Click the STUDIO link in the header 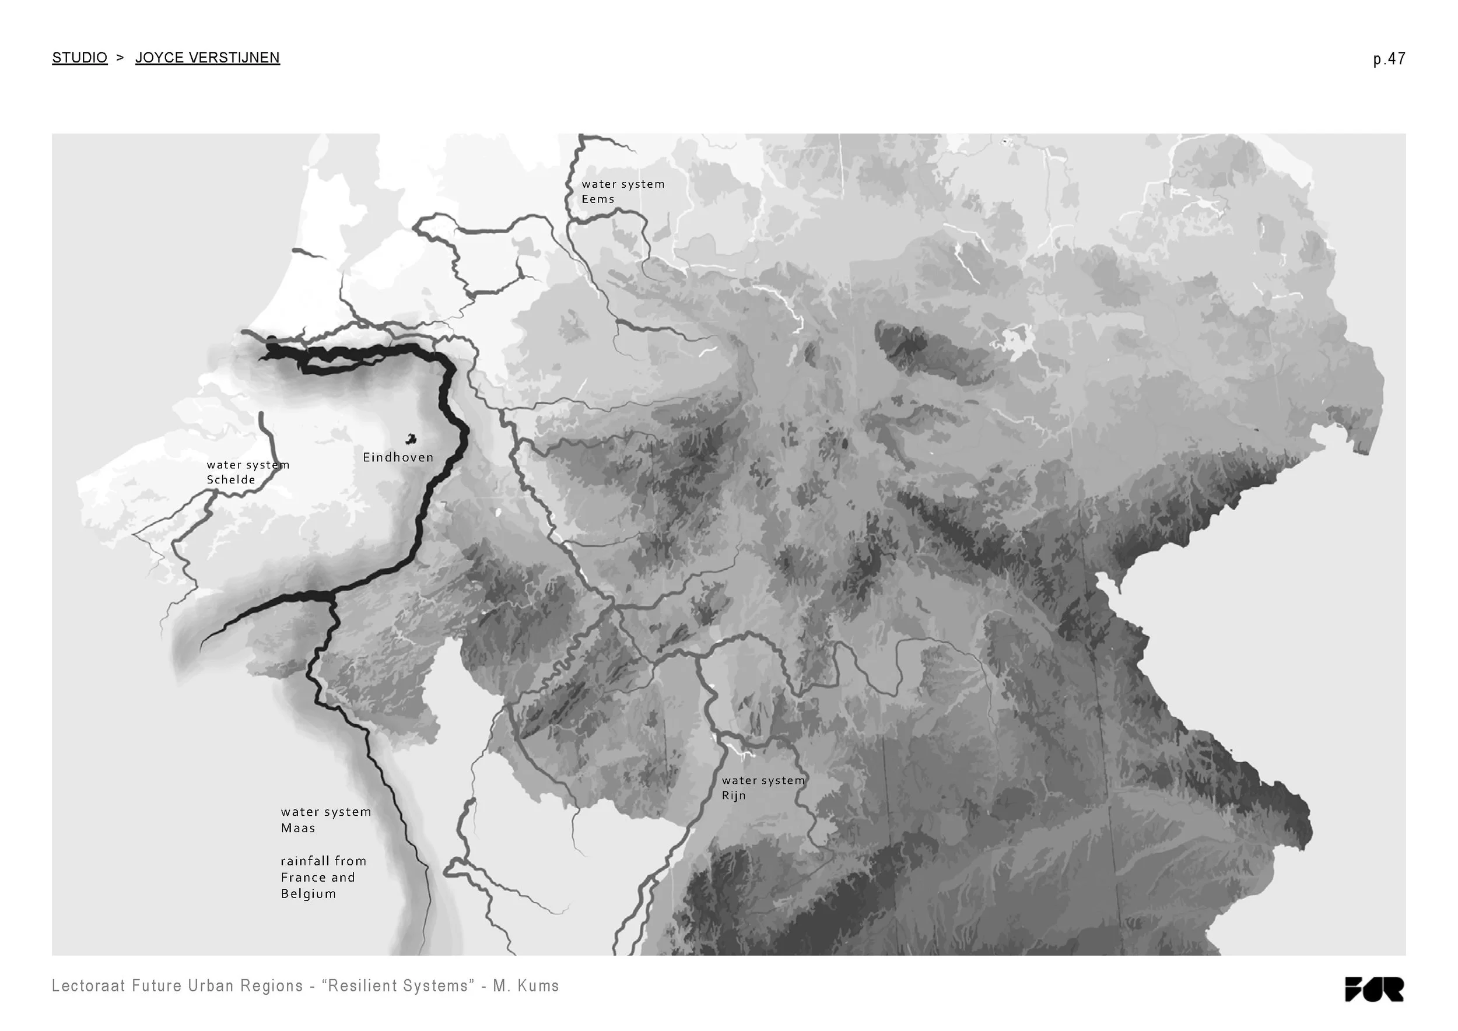[79, 58]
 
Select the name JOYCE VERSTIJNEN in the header [207, 58]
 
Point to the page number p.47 [1389, 59]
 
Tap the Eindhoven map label [398, 457]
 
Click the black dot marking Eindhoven [412, 439]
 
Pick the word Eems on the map [598, 199]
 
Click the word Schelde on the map [230, 480]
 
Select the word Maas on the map [298, 828]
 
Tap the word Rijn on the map [734, 795]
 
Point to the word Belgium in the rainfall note [308, 894]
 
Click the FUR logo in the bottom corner [1373, 988]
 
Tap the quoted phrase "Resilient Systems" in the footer [398, 986]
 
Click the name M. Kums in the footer [526, 986]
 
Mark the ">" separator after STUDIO [121, 58]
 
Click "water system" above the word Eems [623, 184]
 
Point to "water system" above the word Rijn [763, 780]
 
